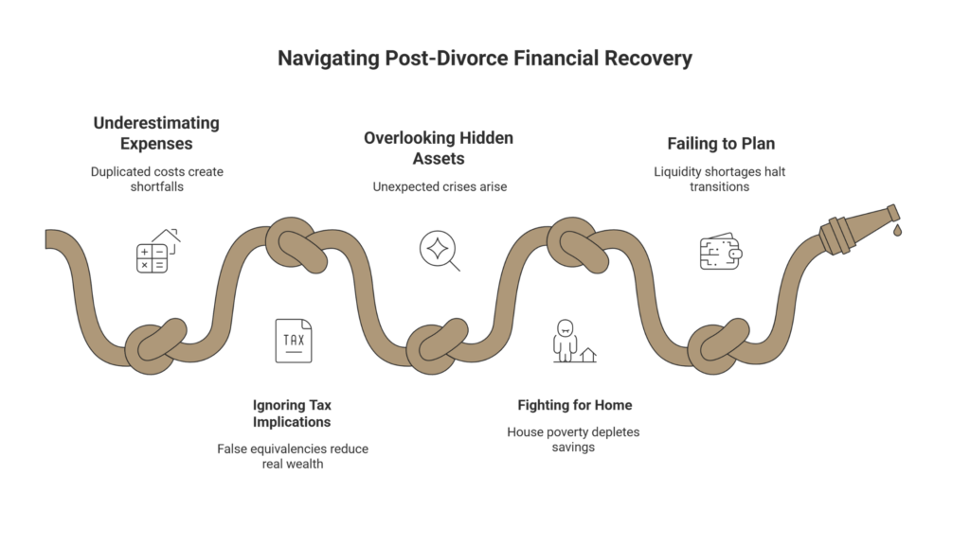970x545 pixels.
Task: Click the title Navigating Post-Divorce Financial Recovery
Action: pos(484,58)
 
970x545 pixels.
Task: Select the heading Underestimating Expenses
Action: pos(156,132)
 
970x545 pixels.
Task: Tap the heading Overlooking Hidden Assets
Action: pos(439,149)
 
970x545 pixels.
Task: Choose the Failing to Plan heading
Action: pos(721,144)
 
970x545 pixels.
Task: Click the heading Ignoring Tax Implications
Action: pos(292,413)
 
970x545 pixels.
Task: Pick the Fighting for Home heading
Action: pos(575,405)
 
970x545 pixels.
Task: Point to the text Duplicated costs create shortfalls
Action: pos(157,179)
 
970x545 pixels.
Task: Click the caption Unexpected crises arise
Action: pos(440,186)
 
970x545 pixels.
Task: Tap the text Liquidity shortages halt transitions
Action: pos(720,179)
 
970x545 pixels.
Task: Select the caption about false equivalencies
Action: pos(293,456)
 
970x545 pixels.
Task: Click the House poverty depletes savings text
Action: pos(573,439)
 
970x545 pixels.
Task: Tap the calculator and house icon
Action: pos(158,251)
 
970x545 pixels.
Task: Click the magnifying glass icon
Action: pos(440,250)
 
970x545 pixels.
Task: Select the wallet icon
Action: pos(721,252)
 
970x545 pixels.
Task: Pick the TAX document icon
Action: pos(294,341)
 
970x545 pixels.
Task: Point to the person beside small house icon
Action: pos(575,341)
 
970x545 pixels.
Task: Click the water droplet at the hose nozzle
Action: pos(897,231)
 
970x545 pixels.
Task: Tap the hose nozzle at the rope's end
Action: pos(859,229)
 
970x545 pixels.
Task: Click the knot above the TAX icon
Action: pos(296,245)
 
